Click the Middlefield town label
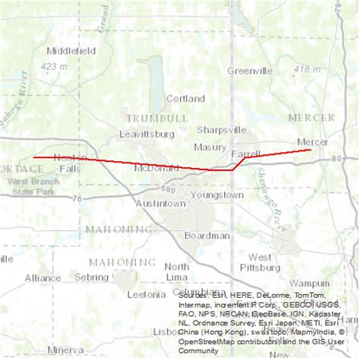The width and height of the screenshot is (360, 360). pos(71,51)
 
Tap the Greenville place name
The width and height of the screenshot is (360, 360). pos(249,71)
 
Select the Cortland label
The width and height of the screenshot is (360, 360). pos(185,99)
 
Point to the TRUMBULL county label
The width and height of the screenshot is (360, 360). pos(156,118)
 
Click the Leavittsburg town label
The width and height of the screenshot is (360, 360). pos(147,134)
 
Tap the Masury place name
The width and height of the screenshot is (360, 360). pos(210,147)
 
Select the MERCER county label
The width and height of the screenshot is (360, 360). pos(311,118)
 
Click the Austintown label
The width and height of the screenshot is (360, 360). pos(160,204)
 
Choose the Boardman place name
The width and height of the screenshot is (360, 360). pos(207,235)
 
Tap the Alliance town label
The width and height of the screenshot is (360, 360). pos(43,278)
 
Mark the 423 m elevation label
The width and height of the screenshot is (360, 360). pos(54,67)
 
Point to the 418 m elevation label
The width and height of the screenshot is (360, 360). pos(307,69)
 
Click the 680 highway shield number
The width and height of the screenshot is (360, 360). pos(168,189)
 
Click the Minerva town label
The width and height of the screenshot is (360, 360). pos(65,350)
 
